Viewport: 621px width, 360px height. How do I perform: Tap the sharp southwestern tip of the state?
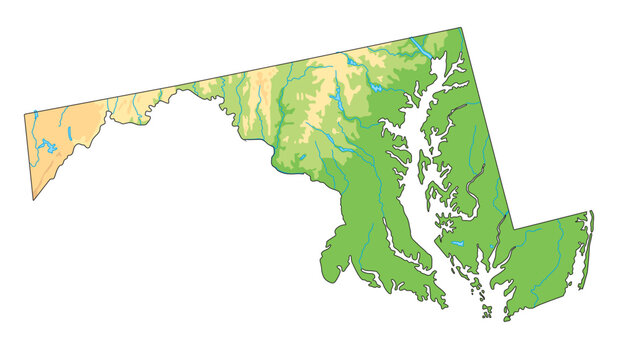click(34, 199)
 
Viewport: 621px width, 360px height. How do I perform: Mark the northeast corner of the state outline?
click(461, 28)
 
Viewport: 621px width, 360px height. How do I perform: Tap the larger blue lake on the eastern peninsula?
click(455, 243)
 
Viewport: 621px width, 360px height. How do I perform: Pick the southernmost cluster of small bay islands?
click(487, 312)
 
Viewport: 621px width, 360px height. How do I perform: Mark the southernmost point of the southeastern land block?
click(505, 320)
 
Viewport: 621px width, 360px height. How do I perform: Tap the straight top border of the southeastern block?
click(550, 220)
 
